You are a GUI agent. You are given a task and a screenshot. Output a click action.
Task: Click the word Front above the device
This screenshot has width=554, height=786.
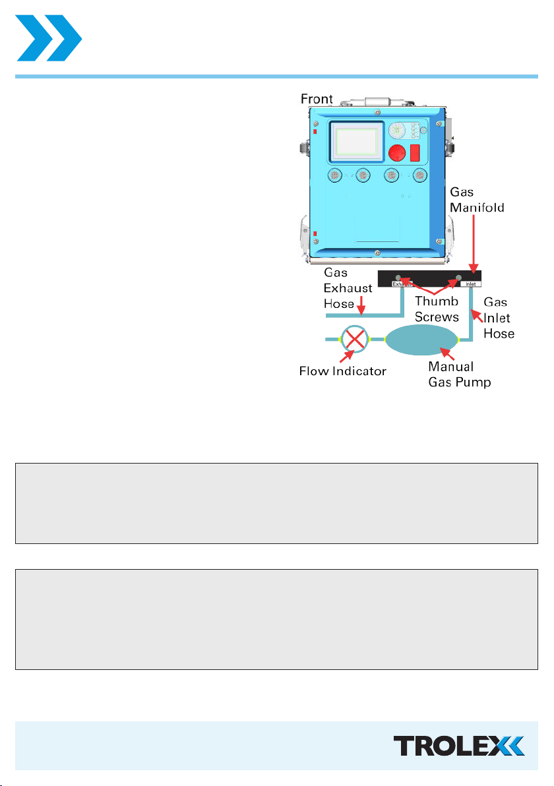[x=317, y=99]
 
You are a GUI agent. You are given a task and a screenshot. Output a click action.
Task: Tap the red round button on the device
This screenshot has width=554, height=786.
[x=397, y=153]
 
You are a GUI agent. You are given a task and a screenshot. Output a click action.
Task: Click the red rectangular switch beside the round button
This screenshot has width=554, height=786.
[x=415, y=153]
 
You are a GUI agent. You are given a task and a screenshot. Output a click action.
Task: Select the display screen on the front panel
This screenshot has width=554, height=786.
[x=356, y=141]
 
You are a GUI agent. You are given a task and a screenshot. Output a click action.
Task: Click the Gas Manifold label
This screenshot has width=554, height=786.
[x=477, y=200]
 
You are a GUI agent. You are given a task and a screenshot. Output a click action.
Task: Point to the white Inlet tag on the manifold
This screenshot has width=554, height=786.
[x=471, y=284]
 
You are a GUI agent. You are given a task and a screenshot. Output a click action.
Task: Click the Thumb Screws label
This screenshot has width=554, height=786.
[x=437, y=309]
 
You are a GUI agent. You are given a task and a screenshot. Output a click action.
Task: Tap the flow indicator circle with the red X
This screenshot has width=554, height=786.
[x=354, y=340]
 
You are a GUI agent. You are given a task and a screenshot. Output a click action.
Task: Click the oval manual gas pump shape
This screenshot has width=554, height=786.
[x=421, y=340]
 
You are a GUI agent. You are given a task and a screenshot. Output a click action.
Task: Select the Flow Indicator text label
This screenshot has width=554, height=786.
[x=343, y=371]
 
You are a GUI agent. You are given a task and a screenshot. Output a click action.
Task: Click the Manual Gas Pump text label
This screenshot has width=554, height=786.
[x=459, y=375]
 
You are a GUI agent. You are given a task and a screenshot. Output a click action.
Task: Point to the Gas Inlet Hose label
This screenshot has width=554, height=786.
[x=499, y=318]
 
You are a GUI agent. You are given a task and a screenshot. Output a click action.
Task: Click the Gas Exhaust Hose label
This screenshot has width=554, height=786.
[x=348, y=288]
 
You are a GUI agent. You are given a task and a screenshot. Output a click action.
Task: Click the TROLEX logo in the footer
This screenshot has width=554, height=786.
[x=459, y=746]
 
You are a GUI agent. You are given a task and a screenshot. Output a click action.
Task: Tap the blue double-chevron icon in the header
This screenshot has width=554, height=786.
[x=49, y=38]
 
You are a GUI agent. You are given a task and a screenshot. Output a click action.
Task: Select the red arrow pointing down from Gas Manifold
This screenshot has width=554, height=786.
[x=474, y=244]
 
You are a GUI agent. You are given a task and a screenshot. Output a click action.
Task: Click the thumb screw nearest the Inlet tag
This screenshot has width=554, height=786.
[x=459, y=277]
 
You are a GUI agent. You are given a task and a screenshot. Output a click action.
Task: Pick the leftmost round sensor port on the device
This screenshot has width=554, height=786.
[x=335, y=175]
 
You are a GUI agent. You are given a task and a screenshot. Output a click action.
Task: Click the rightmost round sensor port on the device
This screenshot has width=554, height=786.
[x=419, y=175]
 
